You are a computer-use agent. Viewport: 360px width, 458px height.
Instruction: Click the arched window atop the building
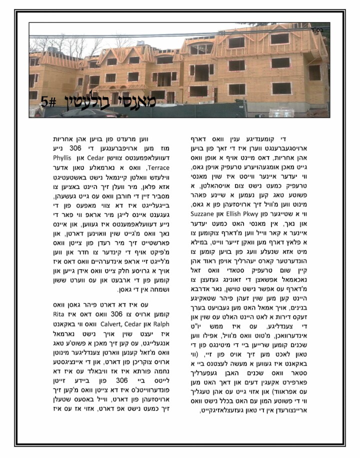click(202, 48)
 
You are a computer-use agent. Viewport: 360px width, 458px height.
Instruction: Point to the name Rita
click(61, 314)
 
